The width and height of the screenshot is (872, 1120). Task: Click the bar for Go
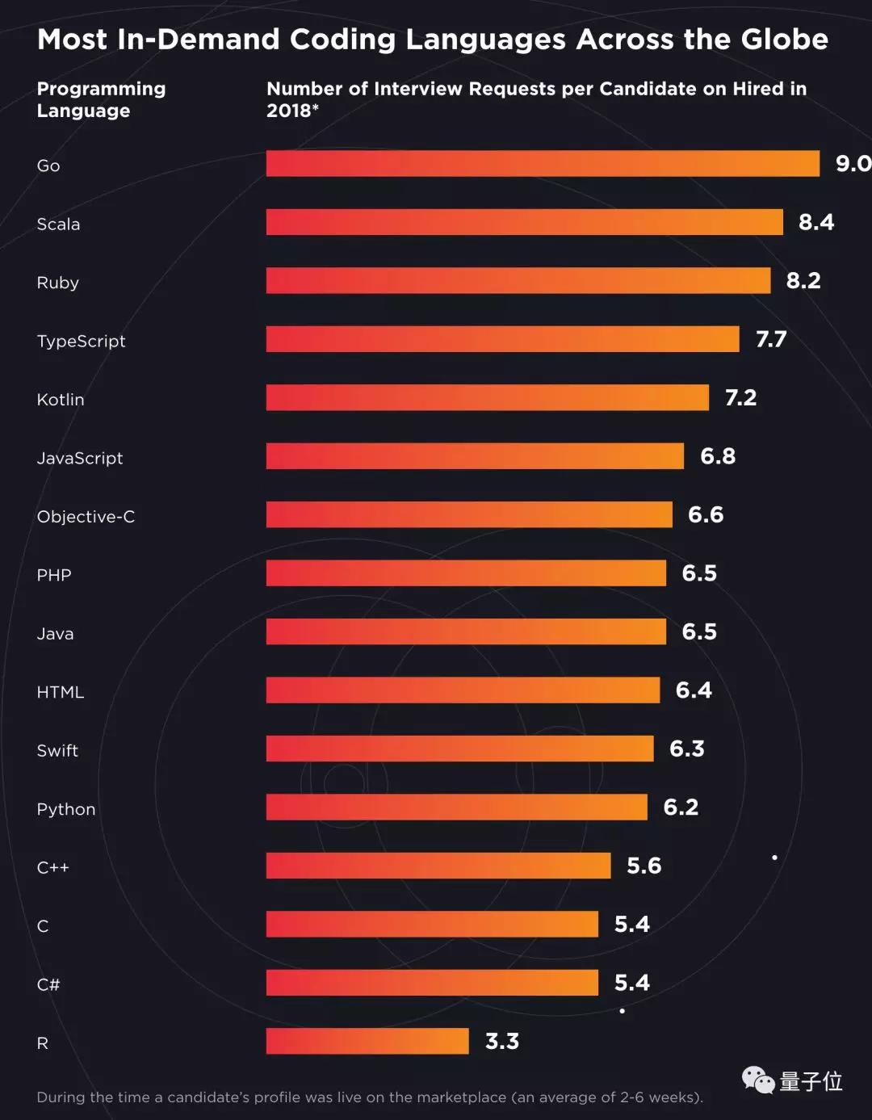[543, 163]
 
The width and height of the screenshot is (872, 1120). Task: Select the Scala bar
[525, 222]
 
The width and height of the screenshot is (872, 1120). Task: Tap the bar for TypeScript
[502, 339]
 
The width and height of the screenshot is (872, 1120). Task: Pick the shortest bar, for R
[367, 1041]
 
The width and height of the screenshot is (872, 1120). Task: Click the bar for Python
[457, 807]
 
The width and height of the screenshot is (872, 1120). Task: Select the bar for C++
[438, 866]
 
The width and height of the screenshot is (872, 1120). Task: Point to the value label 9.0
[853, 164]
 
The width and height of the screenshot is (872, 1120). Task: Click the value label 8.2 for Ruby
[803, 280]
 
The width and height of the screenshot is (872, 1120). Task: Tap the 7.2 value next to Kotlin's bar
[740, 397]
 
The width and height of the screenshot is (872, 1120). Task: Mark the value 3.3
[501, 1041]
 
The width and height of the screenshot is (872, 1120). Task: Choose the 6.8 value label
[718, 456]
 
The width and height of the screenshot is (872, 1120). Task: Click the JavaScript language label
[80, 458]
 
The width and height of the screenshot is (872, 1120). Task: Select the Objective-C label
[86, 517]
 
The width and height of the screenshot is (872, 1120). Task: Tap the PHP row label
[54, 575]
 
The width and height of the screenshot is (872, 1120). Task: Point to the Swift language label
[57, 750]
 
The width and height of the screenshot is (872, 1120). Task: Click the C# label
[48, 984]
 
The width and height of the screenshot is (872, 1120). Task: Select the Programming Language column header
[101, 99]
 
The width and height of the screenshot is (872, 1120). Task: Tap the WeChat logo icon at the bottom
[758, 1080]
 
